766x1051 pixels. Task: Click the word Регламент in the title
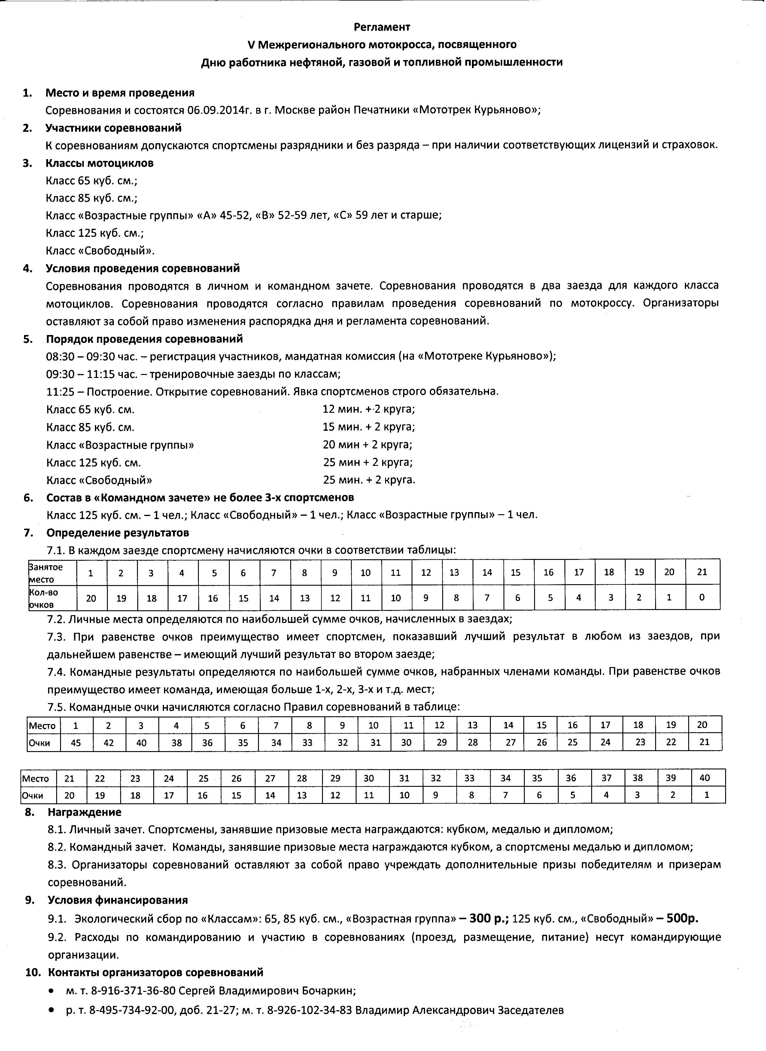pyautogui.click(x=382, y=27)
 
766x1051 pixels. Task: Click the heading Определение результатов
pyautogui.click(x=118, y=533)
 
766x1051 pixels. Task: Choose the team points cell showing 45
pyautogui.click(x=76, y=743)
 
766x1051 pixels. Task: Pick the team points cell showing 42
pyautogui.click(x=108, y=743)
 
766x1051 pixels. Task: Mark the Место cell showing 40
pyautogui.click(x=704, y=778)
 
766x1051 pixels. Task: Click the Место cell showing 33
pyautogui.click(x=469, y=778)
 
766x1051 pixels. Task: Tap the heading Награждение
pyautogui.click(x=84, y=812)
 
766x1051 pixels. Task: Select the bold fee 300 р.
pyautogui.click(x=489, y=918)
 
